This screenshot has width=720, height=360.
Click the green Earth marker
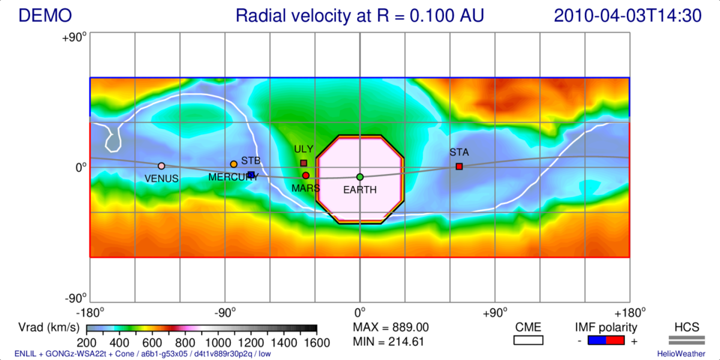(x=360, y=177)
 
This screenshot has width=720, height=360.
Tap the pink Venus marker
(x=161, y=166)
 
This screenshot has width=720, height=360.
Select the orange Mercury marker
(x=233, y=164)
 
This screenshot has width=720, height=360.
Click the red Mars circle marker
(x=306, y=175)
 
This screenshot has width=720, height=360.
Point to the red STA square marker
(x=459, y=166)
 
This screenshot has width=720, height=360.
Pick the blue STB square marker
(x=251, y=175)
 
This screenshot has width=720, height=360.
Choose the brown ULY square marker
(x=304, y=163)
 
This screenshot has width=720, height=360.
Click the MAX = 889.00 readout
(x=391, y=327)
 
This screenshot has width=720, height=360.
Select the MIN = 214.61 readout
(x=389, y=342)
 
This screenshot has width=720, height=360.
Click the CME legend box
(x=528, y=340)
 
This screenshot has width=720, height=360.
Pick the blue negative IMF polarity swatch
(x=596, y=340)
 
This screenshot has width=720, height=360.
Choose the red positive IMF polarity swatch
(x=616, y=340)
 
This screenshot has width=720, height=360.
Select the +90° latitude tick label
(x=75, y=35)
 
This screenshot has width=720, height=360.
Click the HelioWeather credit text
(x=680, y=353)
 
